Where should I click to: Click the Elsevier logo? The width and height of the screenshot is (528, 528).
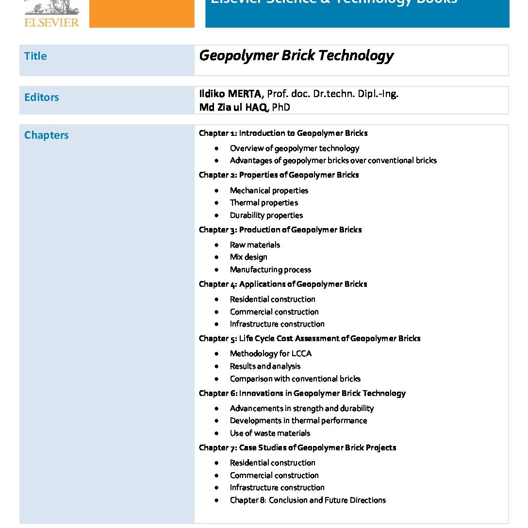click(x=51, y=15)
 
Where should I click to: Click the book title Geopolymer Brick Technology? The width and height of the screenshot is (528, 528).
click(x=296, y=56)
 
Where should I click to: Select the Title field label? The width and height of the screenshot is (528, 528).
click(x=35, y=56)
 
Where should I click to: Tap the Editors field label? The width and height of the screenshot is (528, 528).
click(x=41, y=98)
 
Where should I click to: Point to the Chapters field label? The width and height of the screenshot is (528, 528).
click(x=46, y=135)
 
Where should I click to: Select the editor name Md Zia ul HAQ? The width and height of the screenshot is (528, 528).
click(x=233, y=107)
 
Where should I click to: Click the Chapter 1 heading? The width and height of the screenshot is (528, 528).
click(x=283, y=133)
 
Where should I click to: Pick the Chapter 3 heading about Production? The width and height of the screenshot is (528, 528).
click(x=280, y=230)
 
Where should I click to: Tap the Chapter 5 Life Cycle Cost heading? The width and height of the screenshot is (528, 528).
click(x=309, y=338)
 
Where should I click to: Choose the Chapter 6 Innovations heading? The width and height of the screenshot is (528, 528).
click(x=302, y=393)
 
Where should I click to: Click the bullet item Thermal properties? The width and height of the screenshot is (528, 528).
click(x=264, y=203)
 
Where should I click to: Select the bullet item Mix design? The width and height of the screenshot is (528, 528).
click(x=248, y=257)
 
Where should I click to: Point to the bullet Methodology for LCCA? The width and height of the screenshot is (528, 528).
click(x=270, y=354)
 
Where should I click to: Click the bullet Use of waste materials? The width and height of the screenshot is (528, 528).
click(x=270, y=433)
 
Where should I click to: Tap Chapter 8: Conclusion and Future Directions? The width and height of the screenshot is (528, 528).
click(x=308, y=500)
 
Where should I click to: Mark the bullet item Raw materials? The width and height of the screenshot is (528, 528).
click(x=255, y=245)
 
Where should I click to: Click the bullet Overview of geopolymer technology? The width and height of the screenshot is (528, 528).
click(x=295, y=148)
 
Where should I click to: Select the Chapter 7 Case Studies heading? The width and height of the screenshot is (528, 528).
click(x=297, y=447)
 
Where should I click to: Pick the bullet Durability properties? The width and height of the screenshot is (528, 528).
click(x=266, y=215)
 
